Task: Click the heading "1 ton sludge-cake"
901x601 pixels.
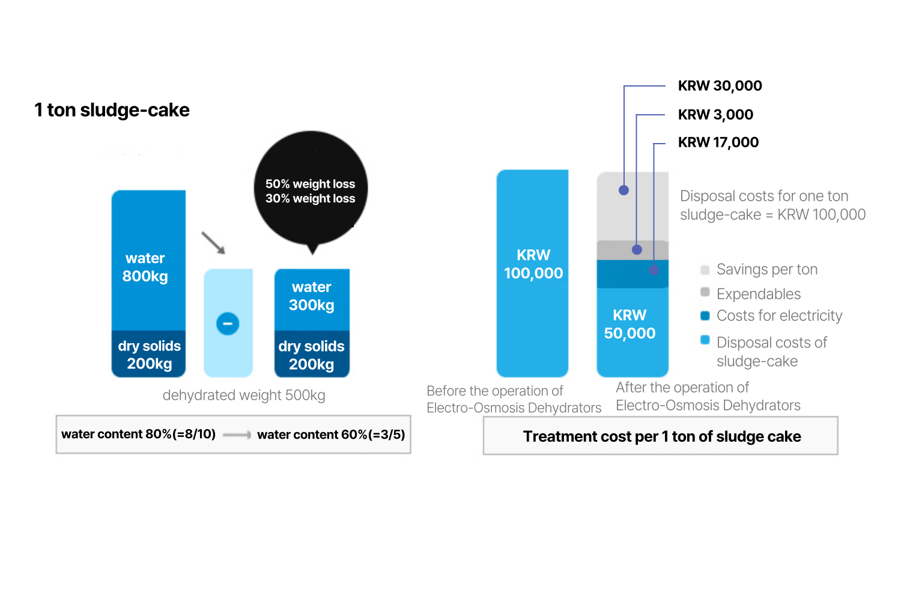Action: (x=112, y=110)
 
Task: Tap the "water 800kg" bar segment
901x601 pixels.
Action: (x=148, y=260)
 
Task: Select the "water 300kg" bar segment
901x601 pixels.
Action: (x=312, y=300)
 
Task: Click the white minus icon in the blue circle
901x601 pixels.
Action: (x=228, y=324)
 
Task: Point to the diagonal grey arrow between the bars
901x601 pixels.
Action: (x=213, y=243)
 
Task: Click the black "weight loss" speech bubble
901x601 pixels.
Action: (x=311, y=190)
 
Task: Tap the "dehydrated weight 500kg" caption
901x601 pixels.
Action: (x=244, y=395)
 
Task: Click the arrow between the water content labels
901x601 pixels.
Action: (x=237, y=435)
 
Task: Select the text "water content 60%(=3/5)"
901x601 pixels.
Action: (x=331, y=435)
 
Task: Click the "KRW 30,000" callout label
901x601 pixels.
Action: (x=720, y=86)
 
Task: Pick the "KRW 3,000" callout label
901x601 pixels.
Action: (x=715, y=115)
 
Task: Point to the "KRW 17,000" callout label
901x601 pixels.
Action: (x=718, y=142)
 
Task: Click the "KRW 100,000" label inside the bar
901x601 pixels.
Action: (x=533, y=264)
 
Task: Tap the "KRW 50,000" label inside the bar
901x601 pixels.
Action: (x=630, y=324)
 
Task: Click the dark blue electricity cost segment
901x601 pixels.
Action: (x=633, y=274)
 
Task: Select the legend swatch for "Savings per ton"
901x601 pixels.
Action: (x=705, y=270)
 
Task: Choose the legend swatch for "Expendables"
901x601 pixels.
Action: (x=705, y=292)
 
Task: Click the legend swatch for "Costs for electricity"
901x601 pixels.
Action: (x=705, y=316)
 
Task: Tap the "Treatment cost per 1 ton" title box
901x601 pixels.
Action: (x=661, y=436)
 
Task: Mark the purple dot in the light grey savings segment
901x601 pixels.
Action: (x=624, y=191)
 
